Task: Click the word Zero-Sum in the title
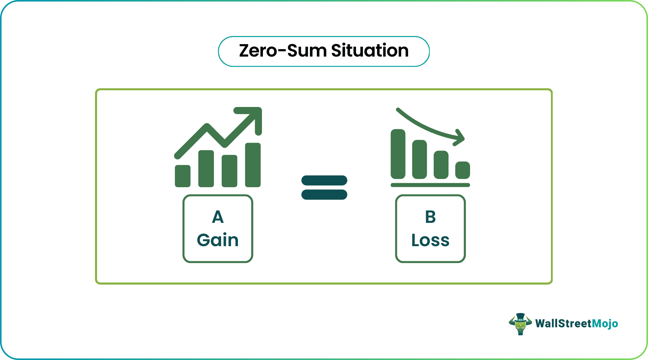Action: pos(282,51)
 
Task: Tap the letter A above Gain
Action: pos(218,217)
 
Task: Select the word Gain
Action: pos(218,240)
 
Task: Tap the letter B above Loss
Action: pos(430,217)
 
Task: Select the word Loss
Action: pos(430,240)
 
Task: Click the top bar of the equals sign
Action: pos(324,180)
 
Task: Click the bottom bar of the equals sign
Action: pos(324,194)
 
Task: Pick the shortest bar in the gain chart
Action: pos(182,176)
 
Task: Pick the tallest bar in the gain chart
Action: pos(253,165)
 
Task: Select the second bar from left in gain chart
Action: pos(206,168)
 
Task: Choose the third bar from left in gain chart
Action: pos(229,171)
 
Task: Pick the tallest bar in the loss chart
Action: pos(398,154)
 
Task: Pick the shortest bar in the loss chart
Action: pos(463,170)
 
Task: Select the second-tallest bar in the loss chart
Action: pos(419,159)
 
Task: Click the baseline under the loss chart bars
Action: pos(430,185)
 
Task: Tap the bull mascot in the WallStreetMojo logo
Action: pos(520,324)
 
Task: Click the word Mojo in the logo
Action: pos(605,324)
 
